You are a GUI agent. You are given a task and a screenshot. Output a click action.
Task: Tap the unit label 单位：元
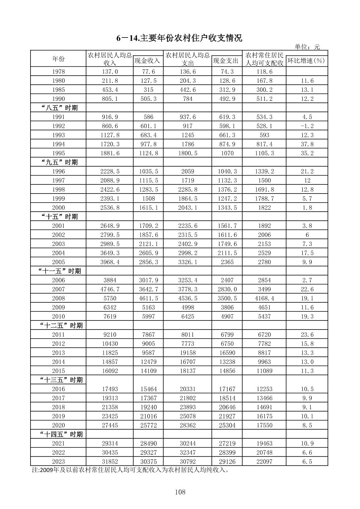pyautogui.click(x=307, y=47)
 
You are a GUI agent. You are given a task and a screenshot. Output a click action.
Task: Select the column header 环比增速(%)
pyautogui.click(x=306, y=61)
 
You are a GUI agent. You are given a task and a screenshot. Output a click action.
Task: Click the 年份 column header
pyautogui.click(x=58, y=59)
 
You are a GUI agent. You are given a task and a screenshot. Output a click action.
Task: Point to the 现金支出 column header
pyautogui.click(x=227, y=61)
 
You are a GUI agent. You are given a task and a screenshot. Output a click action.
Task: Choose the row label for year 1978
pyautogui.click(x=58, y=72)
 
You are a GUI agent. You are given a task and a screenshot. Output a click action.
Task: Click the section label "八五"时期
pyautogui.click(x=59, y=108)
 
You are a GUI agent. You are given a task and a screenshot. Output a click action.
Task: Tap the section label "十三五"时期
pyautogui.click(x=61, y=380)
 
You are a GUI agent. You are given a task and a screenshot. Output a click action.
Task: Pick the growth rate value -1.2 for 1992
pyautogui.click(x=307, y=126)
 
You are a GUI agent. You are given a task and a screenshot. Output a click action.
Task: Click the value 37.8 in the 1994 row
pyautogui.click(x=307, y=144)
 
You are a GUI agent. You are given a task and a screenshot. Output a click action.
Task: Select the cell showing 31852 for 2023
pyautogui.click(x=110, y=461)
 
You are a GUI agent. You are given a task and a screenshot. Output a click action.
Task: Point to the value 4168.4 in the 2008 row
pyautogui.click(x=264, y=298)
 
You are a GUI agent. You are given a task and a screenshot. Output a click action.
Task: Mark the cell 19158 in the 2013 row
pyautogui.click(x=187, y=353)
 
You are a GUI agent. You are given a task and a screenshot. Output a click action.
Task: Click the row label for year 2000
pyautogui.click(x=58, y=208)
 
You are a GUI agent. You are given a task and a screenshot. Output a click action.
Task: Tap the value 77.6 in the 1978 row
pyautogui.click(x=148, y=72)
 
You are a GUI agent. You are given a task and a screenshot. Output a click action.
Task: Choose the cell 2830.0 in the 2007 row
pyautogui.click(x=227, y=289)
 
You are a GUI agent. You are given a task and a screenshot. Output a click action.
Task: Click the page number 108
pyautogui.click(x=180, y=492)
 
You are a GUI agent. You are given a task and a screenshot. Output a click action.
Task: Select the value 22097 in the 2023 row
pyautogui.click(x=264, y=461)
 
